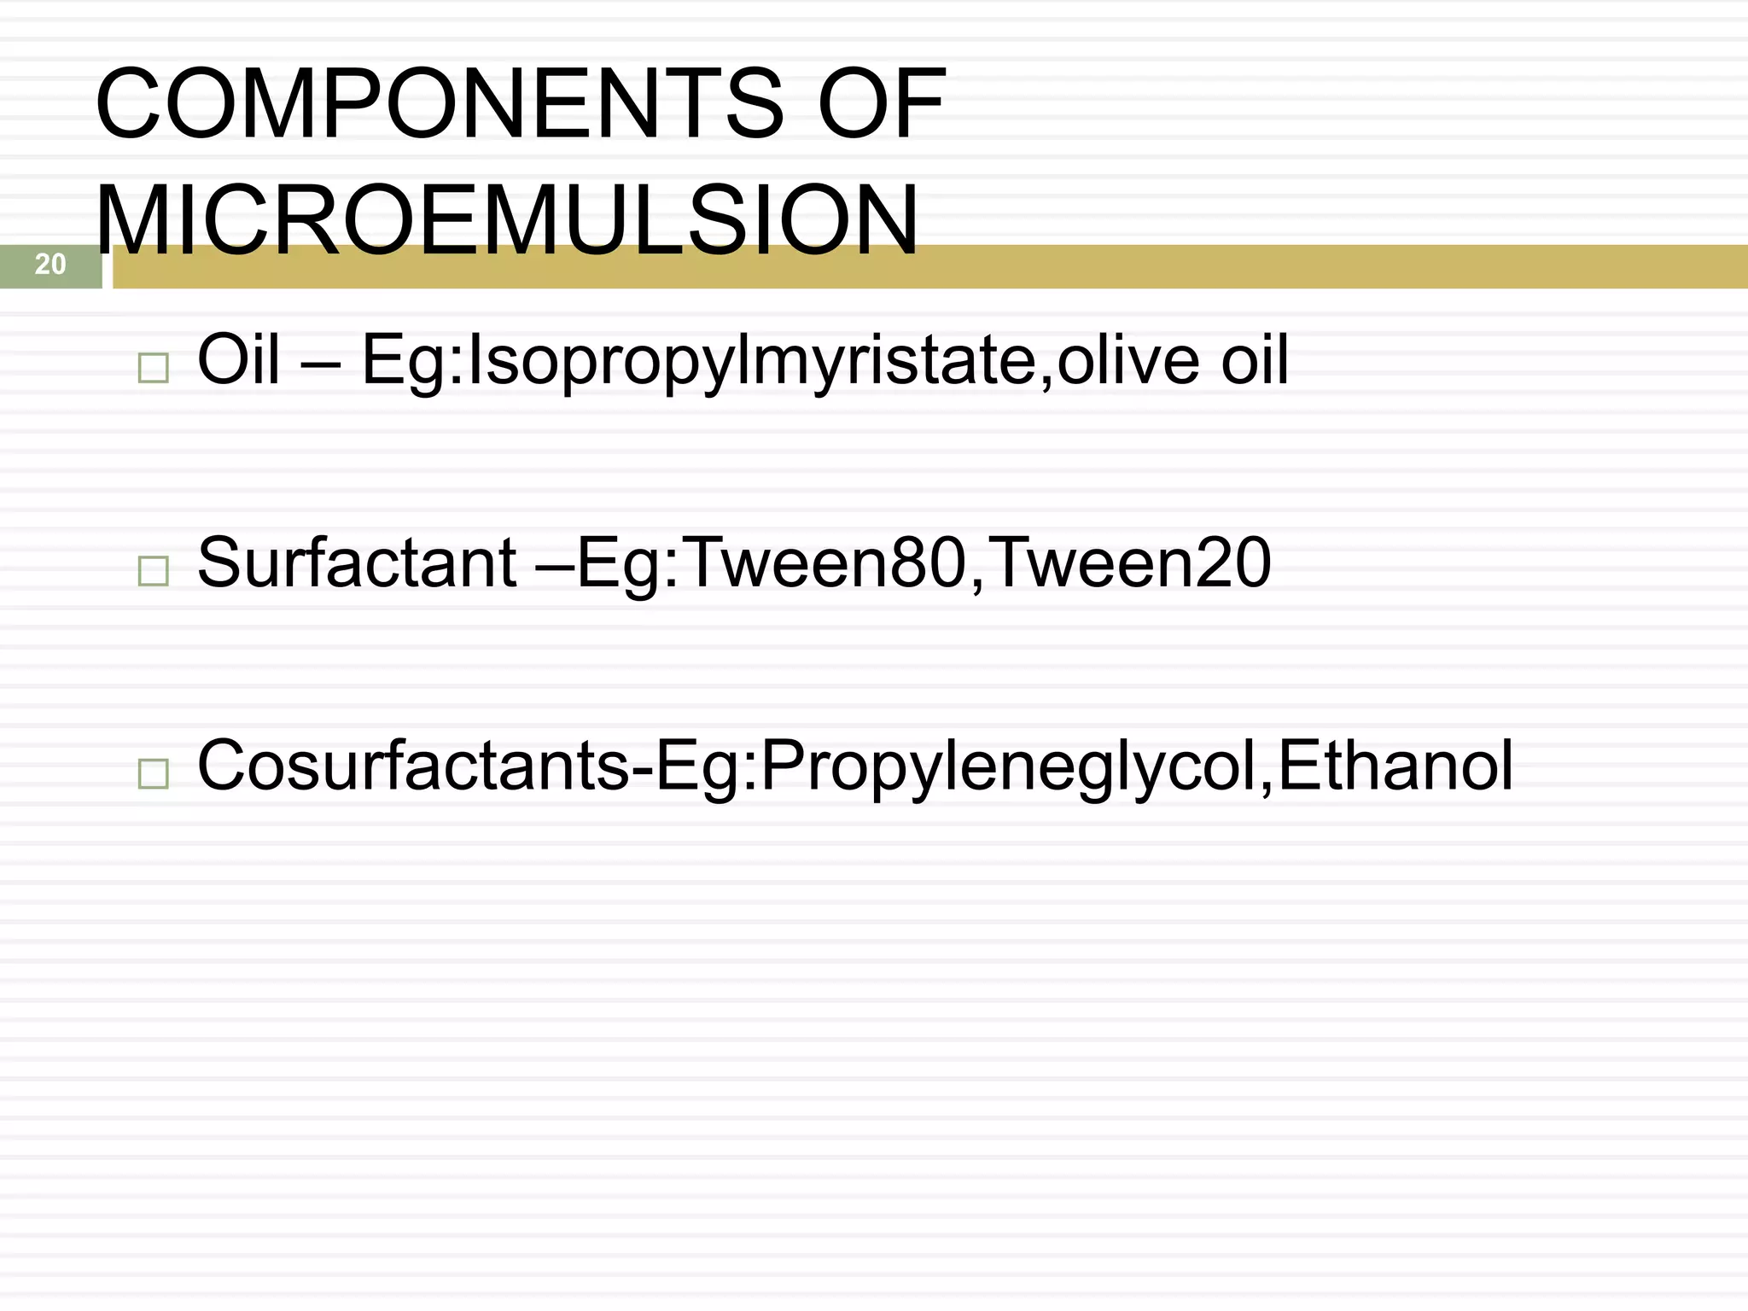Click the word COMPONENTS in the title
tap(439, 104)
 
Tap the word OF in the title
tap(881, 104)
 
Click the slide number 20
tap(50, 265)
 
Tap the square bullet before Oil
tap(153, 368)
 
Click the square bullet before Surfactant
tap(153, 570)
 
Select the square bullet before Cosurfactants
tap(153, 773)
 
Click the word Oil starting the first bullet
tap(238, 360)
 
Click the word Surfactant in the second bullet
tap(357, 563)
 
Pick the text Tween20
tap(1132, 563)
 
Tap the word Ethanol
tap(1395, 766)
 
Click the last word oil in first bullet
tap(1255, 360)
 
